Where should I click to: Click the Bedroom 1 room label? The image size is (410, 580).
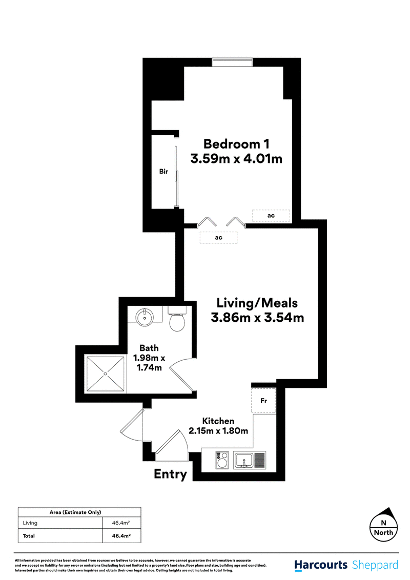point(236,144)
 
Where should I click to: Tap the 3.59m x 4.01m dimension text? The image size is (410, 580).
point(236,159)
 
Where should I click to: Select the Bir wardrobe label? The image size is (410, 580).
point(163,171)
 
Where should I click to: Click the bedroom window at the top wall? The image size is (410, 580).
point(232,62)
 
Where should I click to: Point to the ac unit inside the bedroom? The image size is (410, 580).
point(271,216)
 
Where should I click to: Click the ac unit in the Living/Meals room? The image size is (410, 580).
point(218,237)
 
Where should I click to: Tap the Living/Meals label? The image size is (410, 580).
point(257,303)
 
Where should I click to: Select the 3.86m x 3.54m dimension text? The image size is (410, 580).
point(257,317)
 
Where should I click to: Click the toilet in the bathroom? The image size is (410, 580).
point(177,319)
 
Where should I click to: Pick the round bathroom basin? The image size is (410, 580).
point(145,317)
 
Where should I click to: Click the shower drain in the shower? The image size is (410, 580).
point(106,374)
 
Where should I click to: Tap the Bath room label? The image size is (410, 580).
point(149,348)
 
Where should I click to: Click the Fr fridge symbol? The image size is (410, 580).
point(263,401)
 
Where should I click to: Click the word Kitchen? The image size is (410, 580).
point(218,421)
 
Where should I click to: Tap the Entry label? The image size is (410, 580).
point(170,474)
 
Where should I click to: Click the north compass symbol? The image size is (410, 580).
point(384,525)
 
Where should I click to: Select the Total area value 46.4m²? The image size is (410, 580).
point(121,535)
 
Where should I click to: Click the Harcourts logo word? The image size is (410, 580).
point(321,565)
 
